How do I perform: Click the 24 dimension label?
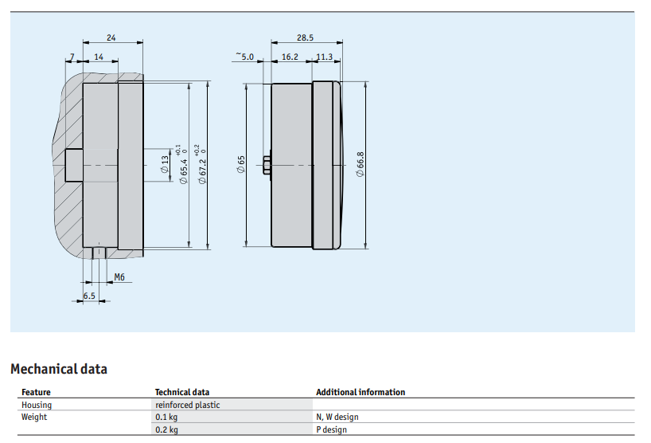point(111,37)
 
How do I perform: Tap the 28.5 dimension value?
point(305,37)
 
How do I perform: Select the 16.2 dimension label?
point(290,57)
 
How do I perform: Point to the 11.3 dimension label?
point(324,57)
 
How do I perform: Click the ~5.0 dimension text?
point(245,56)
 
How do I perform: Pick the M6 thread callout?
point(119,277)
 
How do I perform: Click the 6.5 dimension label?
point(89,296)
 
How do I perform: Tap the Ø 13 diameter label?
point(165,164)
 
